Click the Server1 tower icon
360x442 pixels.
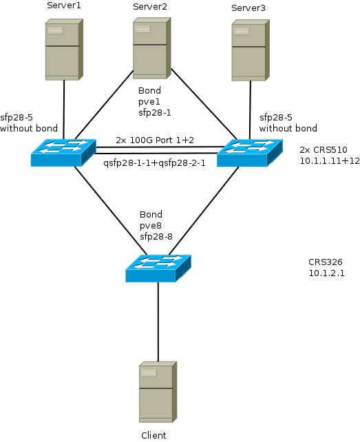point(64,50)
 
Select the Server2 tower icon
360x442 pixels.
point(152,48)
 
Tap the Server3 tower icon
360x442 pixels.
point(251,50)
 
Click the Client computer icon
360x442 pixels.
point(158,392)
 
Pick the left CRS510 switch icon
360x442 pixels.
point(63,153)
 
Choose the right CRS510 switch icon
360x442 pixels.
point(249,153)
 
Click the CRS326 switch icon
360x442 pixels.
point(158,268)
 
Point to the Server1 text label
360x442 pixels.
point(64,6)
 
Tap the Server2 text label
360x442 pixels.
point(150,6)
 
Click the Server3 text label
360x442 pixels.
point(248,8)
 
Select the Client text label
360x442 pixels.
point(153,435)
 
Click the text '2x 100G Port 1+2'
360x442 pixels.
point(155,140)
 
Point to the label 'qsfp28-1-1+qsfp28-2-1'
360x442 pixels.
point(154,163)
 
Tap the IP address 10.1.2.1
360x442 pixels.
point(327,273)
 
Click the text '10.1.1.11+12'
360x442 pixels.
point(330,160)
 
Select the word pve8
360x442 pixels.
point(151,226)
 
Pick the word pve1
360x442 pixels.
point(149,102)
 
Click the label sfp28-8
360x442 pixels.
point(156,237)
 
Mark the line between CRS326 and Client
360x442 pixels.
point(158,322)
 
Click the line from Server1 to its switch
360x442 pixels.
point(64,109)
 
